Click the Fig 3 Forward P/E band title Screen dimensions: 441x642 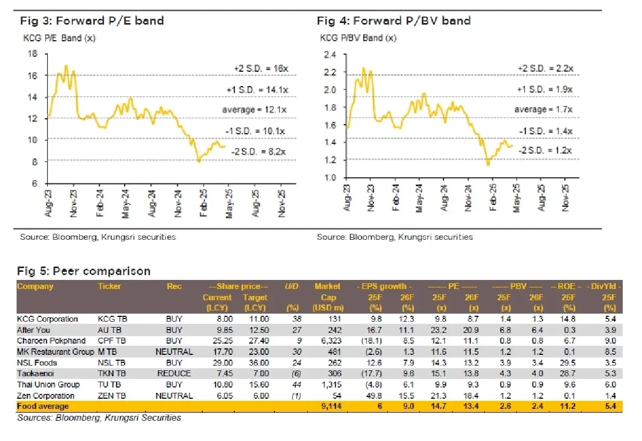91,21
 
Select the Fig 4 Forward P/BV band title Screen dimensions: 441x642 394,21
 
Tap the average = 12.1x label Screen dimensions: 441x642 254,110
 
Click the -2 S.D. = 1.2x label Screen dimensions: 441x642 545,150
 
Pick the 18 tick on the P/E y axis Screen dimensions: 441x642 32,54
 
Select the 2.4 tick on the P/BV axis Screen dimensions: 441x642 331,55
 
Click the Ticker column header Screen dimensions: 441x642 110,286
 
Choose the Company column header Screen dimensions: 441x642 35,286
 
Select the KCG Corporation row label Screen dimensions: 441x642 48,319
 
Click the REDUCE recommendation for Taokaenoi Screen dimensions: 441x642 174,374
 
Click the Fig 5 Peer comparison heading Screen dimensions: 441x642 83,271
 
